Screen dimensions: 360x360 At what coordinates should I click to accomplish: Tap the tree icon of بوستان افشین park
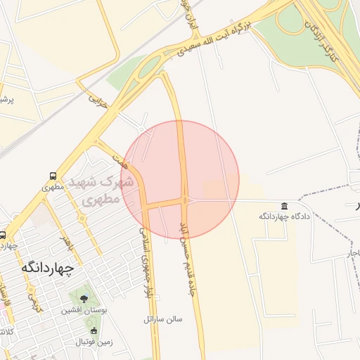pos(84,298)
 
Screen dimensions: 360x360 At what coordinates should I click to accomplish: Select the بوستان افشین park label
pos(84,310)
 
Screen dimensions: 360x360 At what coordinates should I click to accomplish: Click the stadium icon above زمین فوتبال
pos(94,330)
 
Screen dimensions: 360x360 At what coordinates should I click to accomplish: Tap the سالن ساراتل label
pos(162,319)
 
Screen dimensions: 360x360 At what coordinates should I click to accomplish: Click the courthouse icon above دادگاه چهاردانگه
pos(284,205)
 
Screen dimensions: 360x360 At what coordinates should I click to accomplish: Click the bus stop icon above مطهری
pos(53,176)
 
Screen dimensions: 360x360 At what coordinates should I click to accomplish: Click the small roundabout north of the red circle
pos(141,129)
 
